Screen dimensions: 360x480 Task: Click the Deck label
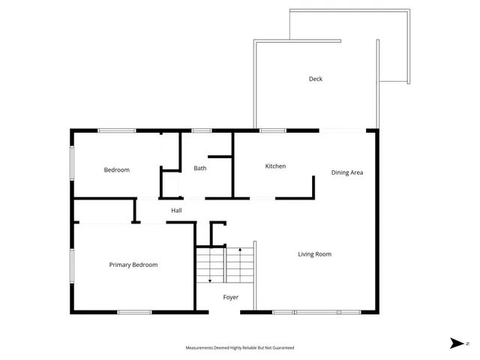[315, 79]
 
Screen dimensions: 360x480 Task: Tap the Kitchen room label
[275, 166]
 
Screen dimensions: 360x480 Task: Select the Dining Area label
[347, 172]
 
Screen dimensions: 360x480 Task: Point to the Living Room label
[315, 254]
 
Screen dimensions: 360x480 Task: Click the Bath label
[200, 168]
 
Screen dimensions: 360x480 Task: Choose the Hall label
[176, 211]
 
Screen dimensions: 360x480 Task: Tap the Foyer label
[231, 298]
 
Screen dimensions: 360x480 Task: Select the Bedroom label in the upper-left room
[116, 170]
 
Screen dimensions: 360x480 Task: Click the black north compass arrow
[456, 343]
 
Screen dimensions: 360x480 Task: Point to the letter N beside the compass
[467, 343]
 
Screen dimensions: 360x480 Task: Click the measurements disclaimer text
[240, 348]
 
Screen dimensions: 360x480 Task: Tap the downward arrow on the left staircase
[210, 280]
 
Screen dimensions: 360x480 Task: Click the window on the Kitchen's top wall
[272, 130]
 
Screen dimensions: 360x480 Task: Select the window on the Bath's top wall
[201, 130]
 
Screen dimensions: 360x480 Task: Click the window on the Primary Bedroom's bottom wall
[135, 312]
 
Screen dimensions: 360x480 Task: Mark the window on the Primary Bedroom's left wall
[72, 265]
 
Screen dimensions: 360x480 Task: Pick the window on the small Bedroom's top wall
[117, 130]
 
